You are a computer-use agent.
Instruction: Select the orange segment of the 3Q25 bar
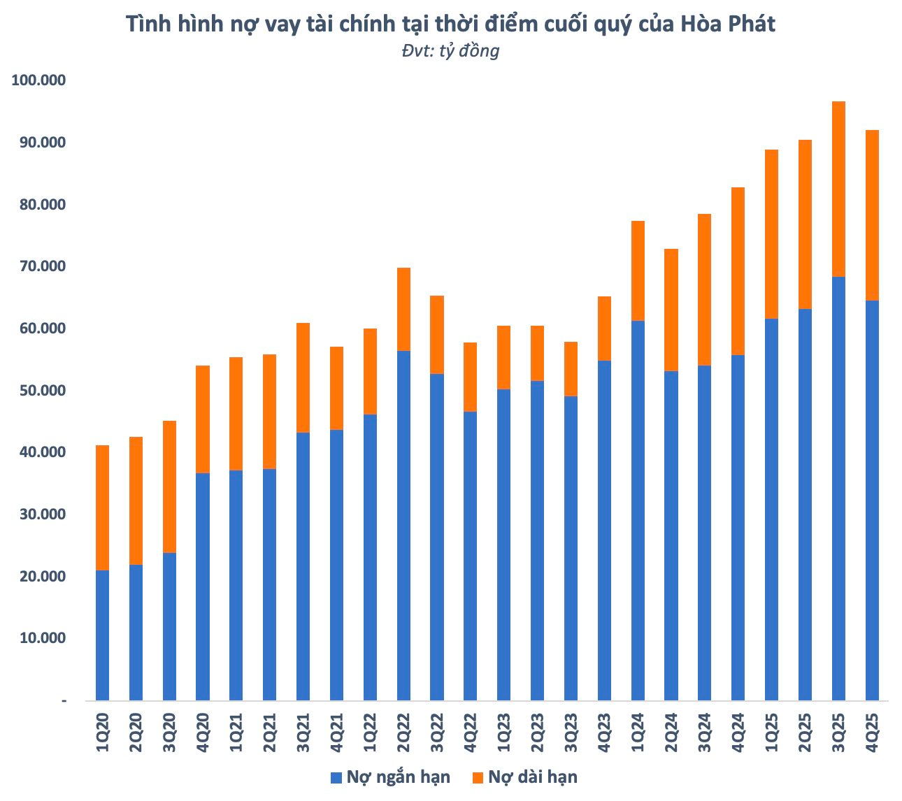tap(838, 189)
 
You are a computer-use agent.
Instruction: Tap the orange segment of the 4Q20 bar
tap(203, 419)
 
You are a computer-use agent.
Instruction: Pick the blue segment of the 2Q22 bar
tap(403, 525)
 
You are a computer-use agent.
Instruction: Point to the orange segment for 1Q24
tap(638, 270)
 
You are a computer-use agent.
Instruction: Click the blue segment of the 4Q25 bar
tap(872, 500)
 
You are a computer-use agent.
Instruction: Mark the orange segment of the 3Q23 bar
tap(571, 368)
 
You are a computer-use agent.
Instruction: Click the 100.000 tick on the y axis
tap(38, 80)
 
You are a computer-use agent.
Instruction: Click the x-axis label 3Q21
tap(303, 733)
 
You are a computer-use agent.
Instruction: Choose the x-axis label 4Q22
tap(471, 733)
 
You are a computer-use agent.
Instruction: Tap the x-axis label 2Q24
tap(671, 733)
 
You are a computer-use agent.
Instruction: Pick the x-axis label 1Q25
tap(772, 733)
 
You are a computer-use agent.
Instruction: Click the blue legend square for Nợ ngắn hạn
tap(336, 777)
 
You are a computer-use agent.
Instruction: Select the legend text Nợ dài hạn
tap(533, 777)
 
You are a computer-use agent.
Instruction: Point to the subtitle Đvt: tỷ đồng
tap(450, 50)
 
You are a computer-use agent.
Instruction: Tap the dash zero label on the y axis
tap(64, 700)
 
